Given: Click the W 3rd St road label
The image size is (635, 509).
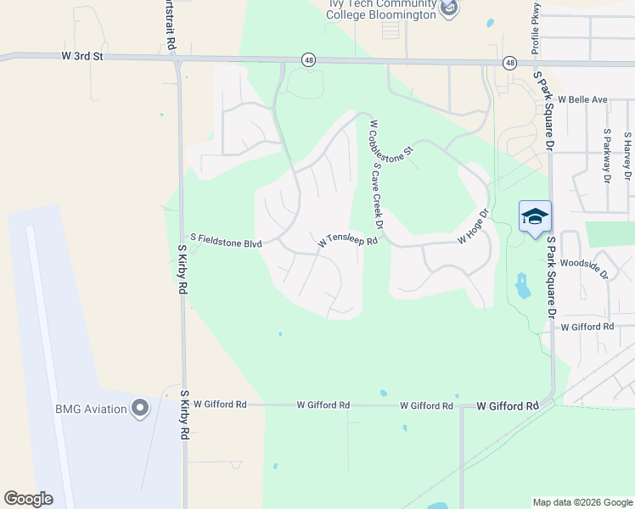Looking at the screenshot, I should click(82, 56).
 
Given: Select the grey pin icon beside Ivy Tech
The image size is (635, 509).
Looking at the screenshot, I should click(450, 8).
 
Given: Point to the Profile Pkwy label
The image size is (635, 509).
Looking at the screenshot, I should click(536, 35).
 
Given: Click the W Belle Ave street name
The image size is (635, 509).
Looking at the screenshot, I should click(582, 99).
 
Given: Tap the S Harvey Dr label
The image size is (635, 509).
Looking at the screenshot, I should click(627, 155).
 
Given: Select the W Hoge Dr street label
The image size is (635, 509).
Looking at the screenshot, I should click(474, 227).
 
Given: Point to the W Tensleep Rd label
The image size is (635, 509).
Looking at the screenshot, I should click(346, 241).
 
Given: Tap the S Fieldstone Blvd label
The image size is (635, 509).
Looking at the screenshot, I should click(226, 243).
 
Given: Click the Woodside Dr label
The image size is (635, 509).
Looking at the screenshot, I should click(585, 268).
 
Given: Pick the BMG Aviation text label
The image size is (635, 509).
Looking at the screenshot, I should click(91, 409).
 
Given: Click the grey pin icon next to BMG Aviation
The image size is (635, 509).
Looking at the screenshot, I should click(141, 409).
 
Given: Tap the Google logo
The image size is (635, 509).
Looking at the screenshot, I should click(28, 499).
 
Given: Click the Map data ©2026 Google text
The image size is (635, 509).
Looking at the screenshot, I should click(582, 502).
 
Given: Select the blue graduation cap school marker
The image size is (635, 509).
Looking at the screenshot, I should click(535, 218).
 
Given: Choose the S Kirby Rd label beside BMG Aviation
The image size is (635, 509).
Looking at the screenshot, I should click(183, 414).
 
